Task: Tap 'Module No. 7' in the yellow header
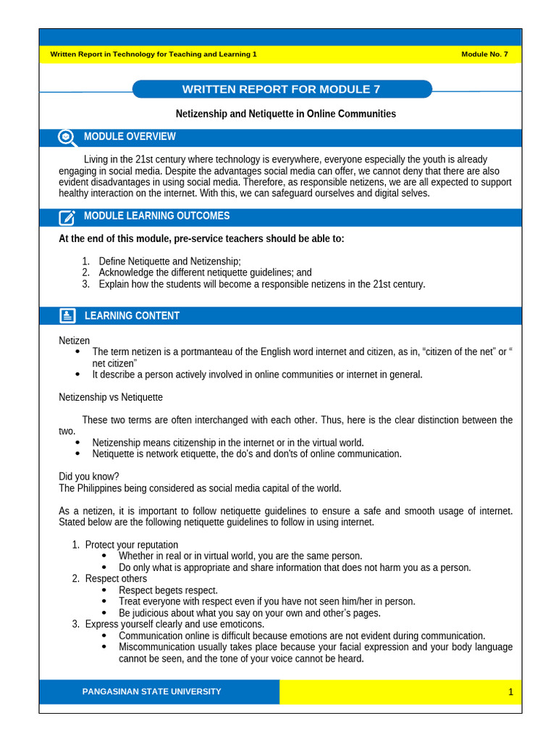484,54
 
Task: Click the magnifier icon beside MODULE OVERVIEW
67,138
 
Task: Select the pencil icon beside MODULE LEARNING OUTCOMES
67,217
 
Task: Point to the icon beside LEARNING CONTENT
67,316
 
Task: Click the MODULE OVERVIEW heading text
130,137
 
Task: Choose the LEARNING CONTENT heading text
132,316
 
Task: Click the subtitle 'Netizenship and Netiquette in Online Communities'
286,114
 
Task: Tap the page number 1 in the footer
510,692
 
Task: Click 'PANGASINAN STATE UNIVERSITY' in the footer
152,692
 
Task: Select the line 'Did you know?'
89,476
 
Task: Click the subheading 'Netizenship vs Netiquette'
111,397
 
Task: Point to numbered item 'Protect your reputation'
131,544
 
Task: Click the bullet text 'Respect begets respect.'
168,590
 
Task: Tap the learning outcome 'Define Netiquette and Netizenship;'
169,261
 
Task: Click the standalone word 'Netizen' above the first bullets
74,341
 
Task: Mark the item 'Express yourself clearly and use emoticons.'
174,624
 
